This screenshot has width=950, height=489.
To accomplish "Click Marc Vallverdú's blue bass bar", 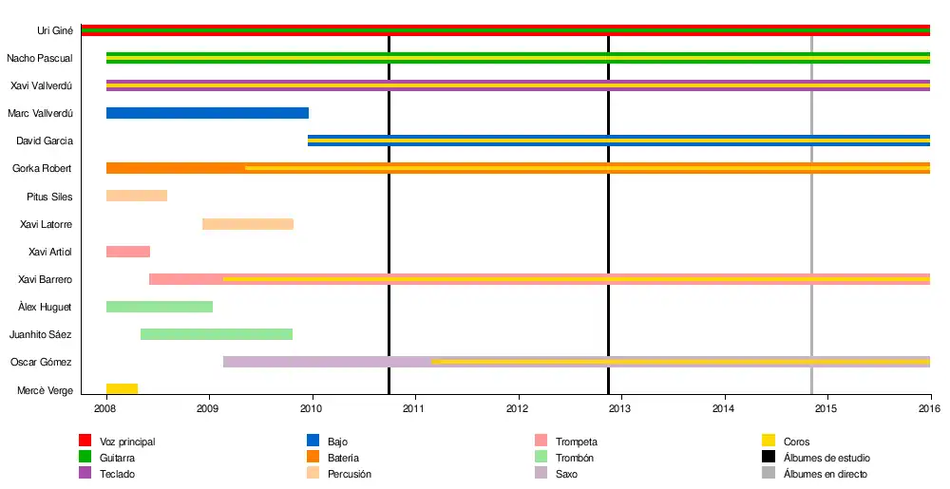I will pyautogui.click(x=207, y=113).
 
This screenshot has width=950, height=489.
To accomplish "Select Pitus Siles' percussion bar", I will pyautogui.click(x=137, y=197).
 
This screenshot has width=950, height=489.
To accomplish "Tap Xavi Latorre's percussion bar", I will pyautogui.click(x=248, y=224).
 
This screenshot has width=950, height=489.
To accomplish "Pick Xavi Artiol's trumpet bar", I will pyautogui.click(x=128, y=252).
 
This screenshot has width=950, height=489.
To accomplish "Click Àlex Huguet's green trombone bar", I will pyautogui.click(x=160, y=307).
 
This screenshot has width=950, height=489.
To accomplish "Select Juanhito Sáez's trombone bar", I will pyautogui.click(x=217, y=334).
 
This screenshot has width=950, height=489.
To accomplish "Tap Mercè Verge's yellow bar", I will pyautogui.click(x=122, y=389).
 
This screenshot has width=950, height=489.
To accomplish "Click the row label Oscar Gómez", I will pyautogui.click(x=41, y=363).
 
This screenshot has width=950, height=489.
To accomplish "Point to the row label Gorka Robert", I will pyautogui.click(x=42, y=169).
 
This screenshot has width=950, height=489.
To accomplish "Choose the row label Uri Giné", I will pyautogui.click(x=55, y=31).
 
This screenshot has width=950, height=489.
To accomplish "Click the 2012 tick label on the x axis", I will pyautogui.click(x=518, y=409).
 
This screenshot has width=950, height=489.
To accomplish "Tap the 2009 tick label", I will pyautogui.click(x=208, y=409).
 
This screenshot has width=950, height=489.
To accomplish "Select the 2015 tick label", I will pyautogui.click(x=827, y=409).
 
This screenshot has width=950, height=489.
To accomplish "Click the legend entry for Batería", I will pyautogui.click(x=343, y=458).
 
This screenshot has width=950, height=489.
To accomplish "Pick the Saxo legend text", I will pyautogui.click(x=566, y=474).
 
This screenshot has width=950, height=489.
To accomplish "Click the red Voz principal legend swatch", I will pyautogui.click(x=85, y=442).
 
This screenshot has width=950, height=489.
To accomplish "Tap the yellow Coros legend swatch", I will pyautogui.click(x=769, y=442).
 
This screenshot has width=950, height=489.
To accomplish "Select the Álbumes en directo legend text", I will pyautogui.click(x=825, y=474).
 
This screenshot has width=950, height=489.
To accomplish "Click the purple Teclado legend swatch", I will pyautogui.click(x=85, y=474).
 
